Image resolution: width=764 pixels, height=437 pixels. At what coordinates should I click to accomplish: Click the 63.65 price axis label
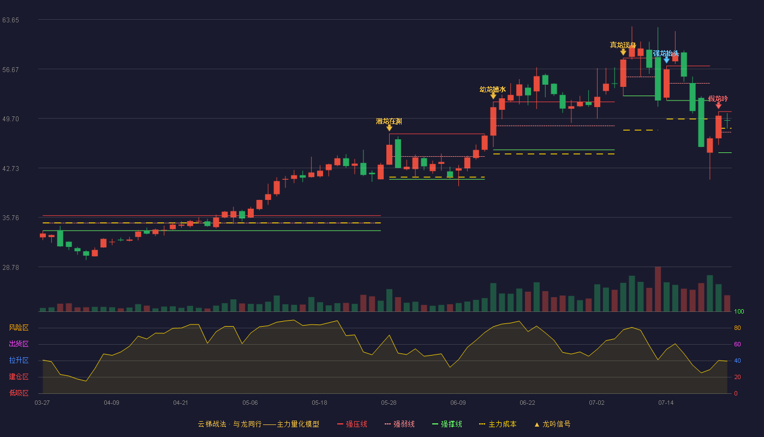(10, 20)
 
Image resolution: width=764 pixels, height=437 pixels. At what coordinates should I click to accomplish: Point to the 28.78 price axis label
(10, 267)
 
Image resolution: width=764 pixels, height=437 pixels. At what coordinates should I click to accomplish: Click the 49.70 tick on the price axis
(10, 119)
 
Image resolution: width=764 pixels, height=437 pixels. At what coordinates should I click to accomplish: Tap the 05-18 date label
(319, 403)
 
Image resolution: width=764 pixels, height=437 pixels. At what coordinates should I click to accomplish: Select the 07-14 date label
(666, 403)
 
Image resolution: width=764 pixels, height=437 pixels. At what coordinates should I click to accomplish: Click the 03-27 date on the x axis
(42, 403)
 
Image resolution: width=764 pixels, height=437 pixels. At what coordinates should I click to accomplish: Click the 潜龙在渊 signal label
(389, 121)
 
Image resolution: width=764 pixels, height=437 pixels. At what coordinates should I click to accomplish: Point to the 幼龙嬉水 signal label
(492, 90)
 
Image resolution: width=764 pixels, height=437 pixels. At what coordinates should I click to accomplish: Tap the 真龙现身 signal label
(623, 45)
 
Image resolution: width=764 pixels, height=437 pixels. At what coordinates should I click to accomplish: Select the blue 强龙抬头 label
(666, 54)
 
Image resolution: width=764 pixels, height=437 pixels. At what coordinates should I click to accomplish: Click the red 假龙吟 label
(718, 99)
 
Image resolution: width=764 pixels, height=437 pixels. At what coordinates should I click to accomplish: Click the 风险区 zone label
(19, 328)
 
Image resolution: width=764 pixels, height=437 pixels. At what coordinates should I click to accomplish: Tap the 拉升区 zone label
(19, 361)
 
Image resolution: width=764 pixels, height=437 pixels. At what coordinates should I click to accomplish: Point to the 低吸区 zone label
(19, 393)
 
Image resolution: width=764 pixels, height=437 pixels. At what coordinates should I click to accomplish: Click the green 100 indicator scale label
(739, 311)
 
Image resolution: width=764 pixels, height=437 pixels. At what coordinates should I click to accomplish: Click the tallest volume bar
(658, 289)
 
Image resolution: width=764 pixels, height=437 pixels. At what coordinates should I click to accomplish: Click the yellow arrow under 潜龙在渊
(389, 128)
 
